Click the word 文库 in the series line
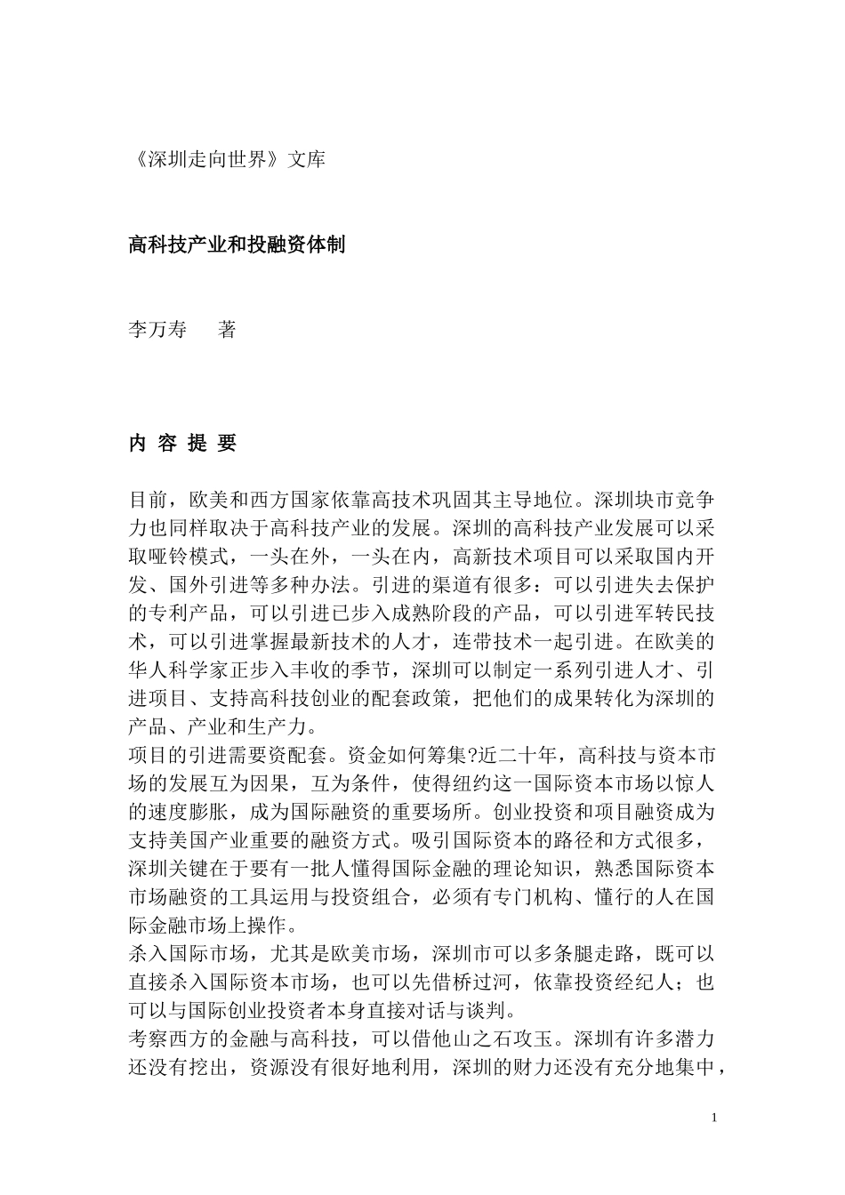[307, 160]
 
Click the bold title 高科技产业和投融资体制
[237, 245]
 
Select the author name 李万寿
[157, 330]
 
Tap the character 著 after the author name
[227, 330]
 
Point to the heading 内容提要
[183, 444]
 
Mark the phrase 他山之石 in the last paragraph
[463, 1039]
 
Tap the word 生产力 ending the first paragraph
[278, 726]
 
